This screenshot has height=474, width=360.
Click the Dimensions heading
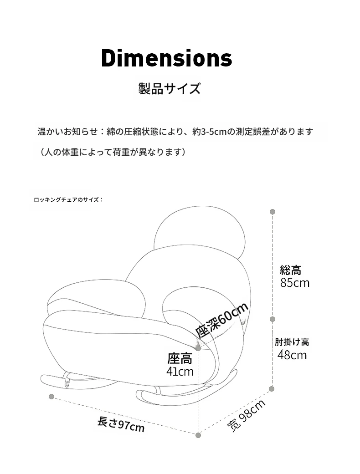coord(167,58)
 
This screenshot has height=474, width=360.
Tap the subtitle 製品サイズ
coord(170,89)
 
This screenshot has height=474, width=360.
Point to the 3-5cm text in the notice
coord(209,132)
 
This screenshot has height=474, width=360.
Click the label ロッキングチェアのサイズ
coord(69,200)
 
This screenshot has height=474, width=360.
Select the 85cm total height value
coord(295,283)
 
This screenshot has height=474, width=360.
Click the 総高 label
coord(290,270)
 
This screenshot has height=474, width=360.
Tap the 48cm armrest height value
coord(292,355)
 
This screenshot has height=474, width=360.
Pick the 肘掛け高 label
coord(292,342)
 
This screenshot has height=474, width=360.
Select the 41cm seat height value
coord(180,372)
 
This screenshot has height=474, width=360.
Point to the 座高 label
coord(180,359)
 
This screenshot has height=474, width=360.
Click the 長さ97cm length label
coord(121,424)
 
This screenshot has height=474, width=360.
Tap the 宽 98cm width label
coord(246,415)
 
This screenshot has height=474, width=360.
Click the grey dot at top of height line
coord(272,212)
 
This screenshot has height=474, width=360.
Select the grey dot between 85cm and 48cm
coord(272,319)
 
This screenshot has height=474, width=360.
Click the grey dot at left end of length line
coord(51,396)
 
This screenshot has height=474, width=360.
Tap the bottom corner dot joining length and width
coord(198,435)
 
